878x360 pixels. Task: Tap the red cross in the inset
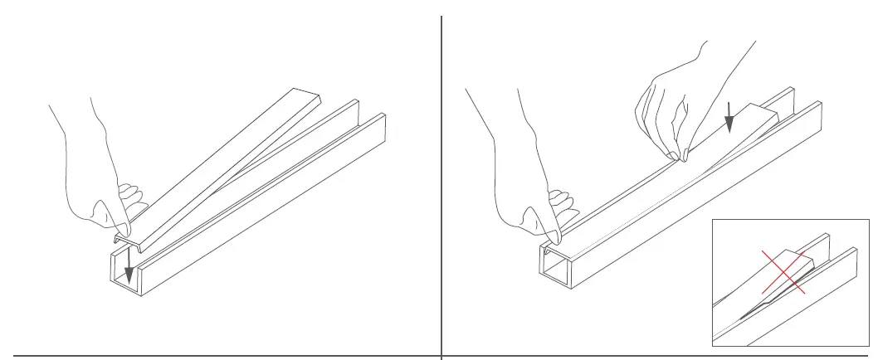point(783,271)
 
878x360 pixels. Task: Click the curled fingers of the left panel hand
point(130,200)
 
